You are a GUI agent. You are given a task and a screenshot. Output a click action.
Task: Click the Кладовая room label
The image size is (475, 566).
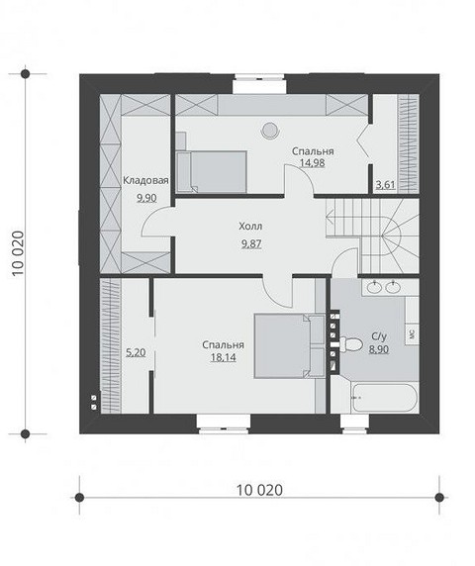click(145, 180)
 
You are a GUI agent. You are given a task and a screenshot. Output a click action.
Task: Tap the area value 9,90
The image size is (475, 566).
click(146, 198)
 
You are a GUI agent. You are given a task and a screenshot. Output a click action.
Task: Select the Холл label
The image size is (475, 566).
click(250, 227)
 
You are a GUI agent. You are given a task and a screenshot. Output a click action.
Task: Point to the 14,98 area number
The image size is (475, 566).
click(313, 163)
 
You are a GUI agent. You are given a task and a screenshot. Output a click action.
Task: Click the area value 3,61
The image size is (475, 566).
click(386, 185)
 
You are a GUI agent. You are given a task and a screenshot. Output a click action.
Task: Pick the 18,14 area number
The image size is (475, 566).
click(224, 357)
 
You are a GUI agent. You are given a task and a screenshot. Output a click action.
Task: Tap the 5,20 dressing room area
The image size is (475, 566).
click(136, 352)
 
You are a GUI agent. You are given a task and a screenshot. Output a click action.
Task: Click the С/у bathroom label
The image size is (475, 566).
click(379, 336)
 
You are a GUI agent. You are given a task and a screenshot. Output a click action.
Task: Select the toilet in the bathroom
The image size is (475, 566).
click(351, 344)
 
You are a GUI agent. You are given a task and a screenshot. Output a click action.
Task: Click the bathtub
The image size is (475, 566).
click(386, 398)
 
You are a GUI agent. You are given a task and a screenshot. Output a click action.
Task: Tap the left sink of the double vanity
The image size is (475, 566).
click(374, 288)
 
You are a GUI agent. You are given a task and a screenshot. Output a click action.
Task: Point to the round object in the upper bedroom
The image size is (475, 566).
click(269, 130)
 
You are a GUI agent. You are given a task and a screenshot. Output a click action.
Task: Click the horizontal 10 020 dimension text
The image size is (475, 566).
click(259, 490)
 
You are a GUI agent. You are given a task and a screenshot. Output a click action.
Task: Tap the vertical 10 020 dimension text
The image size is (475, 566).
click(18, 253)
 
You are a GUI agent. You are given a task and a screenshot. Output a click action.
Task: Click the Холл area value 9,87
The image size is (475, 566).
click(251, 244)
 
